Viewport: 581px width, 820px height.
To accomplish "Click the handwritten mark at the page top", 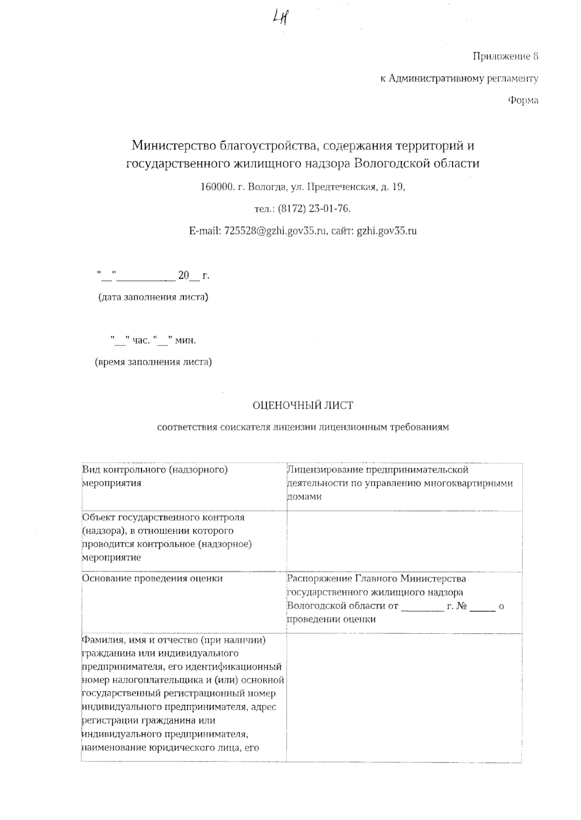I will coord(281,19).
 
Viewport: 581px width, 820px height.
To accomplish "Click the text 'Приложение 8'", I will coord(505,57).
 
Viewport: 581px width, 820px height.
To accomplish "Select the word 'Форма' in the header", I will coord(523,101).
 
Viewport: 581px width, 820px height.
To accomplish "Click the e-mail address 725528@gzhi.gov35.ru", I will coord(275,231).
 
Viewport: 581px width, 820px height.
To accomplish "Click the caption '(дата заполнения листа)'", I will coord(153,297).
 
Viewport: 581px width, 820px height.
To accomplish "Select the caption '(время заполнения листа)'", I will coord(153,362).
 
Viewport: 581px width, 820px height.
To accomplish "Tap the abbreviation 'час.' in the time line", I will coord(141,341).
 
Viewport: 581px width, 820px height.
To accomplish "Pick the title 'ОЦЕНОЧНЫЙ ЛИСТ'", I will coord(303,405).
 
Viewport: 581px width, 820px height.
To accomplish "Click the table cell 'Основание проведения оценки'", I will coord(153,579).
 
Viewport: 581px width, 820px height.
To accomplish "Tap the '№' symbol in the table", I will coord(461,606).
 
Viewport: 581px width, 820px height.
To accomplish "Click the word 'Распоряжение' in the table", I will coord(320,579).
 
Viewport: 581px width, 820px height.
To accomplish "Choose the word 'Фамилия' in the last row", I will coord(101,640).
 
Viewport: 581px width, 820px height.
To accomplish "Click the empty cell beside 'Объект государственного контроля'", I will coord(404,541).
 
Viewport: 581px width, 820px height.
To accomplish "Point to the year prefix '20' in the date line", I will coord(183,276).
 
